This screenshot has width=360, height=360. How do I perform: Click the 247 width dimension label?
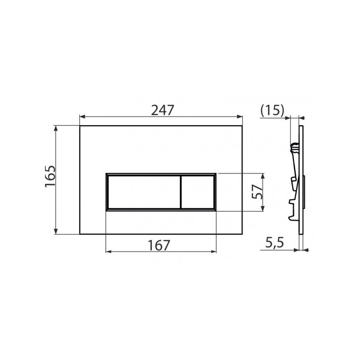click(162, 110)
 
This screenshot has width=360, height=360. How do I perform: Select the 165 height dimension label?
click(50, 176)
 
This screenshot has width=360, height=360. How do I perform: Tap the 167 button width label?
click(159, 245)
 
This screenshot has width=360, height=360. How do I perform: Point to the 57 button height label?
click(257, 192)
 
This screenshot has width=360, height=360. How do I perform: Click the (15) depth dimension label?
click(273, 110)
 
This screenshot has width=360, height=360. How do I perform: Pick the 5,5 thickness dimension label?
click(274, 243)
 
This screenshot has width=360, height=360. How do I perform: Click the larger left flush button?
click(144, 192)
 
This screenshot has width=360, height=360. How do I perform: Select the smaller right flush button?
click(198, 192)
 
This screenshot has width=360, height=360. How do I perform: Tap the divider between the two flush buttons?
click(181, 192)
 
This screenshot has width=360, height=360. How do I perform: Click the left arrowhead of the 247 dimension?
click(82, 117)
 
